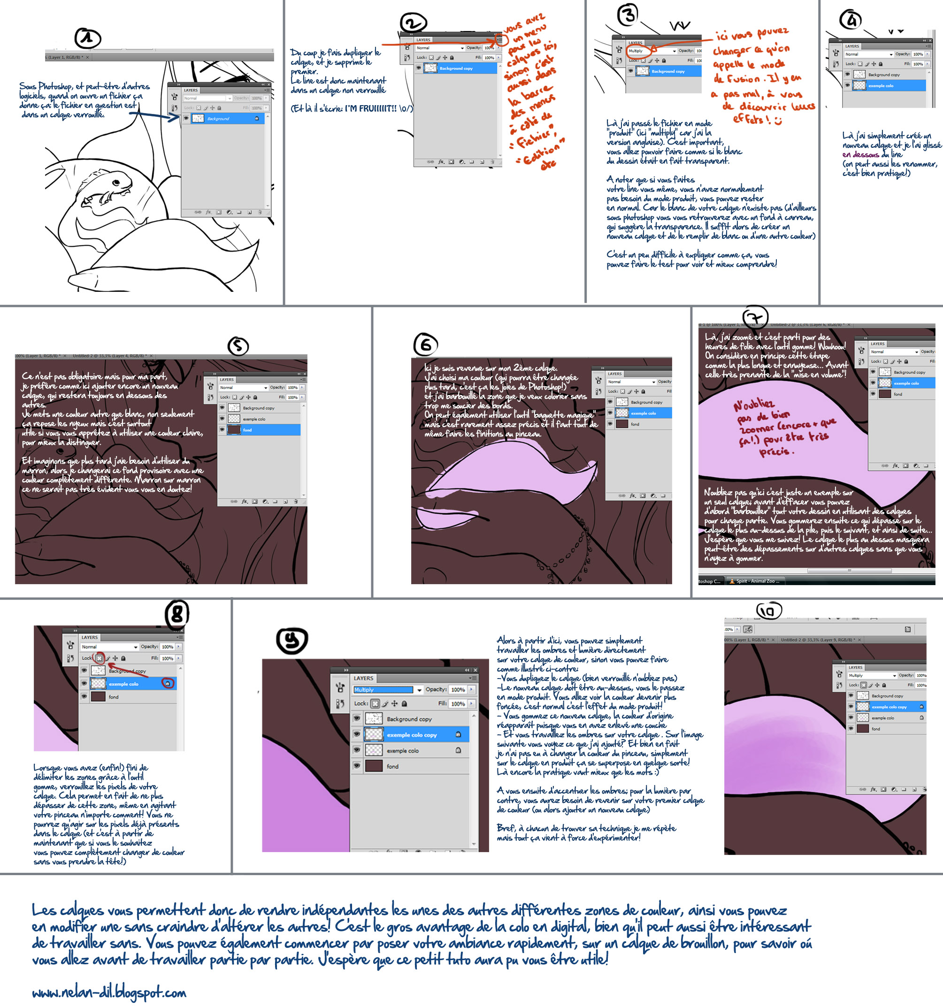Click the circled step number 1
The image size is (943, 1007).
click(x=88, y=38)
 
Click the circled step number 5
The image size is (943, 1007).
click(x=238, y=346)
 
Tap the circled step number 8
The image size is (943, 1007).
click(x=177, y=614)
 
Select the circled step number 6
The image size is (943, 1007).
click(x=426, y=345)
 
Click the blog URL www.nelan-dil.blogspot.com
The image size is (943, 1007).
click(x=109, y=992)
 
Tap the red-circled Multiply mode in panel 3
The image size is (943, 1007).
click(x=638, y=51)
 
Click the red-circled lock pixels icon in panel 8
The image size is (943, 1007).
click(x=100, y=658)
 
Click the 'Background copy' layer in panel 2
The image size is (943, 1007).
click(x=456, y=69)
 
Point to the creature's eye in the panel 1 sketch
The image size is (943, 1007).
click(x=116, y=183)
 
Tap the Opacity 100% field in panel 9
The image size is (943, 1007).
click(x=458, y=689)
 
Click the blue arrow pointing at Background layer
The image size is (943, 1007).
click(x=157, y=115)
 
